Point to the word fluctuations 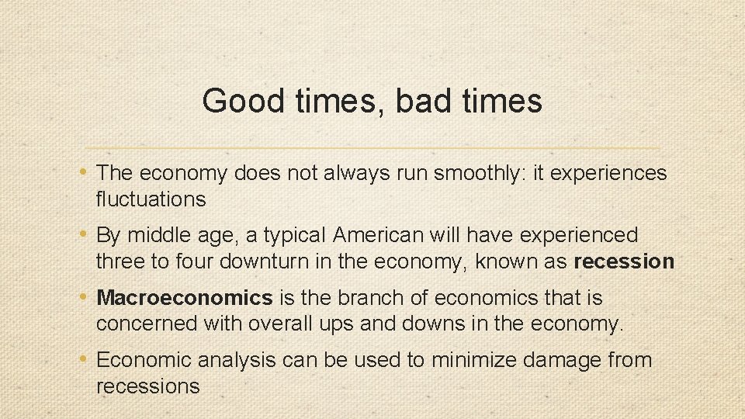(151, 199)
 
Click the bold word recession (624, 261)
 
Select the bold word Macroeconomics (185, 298)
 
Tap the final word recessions (147, 386)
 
